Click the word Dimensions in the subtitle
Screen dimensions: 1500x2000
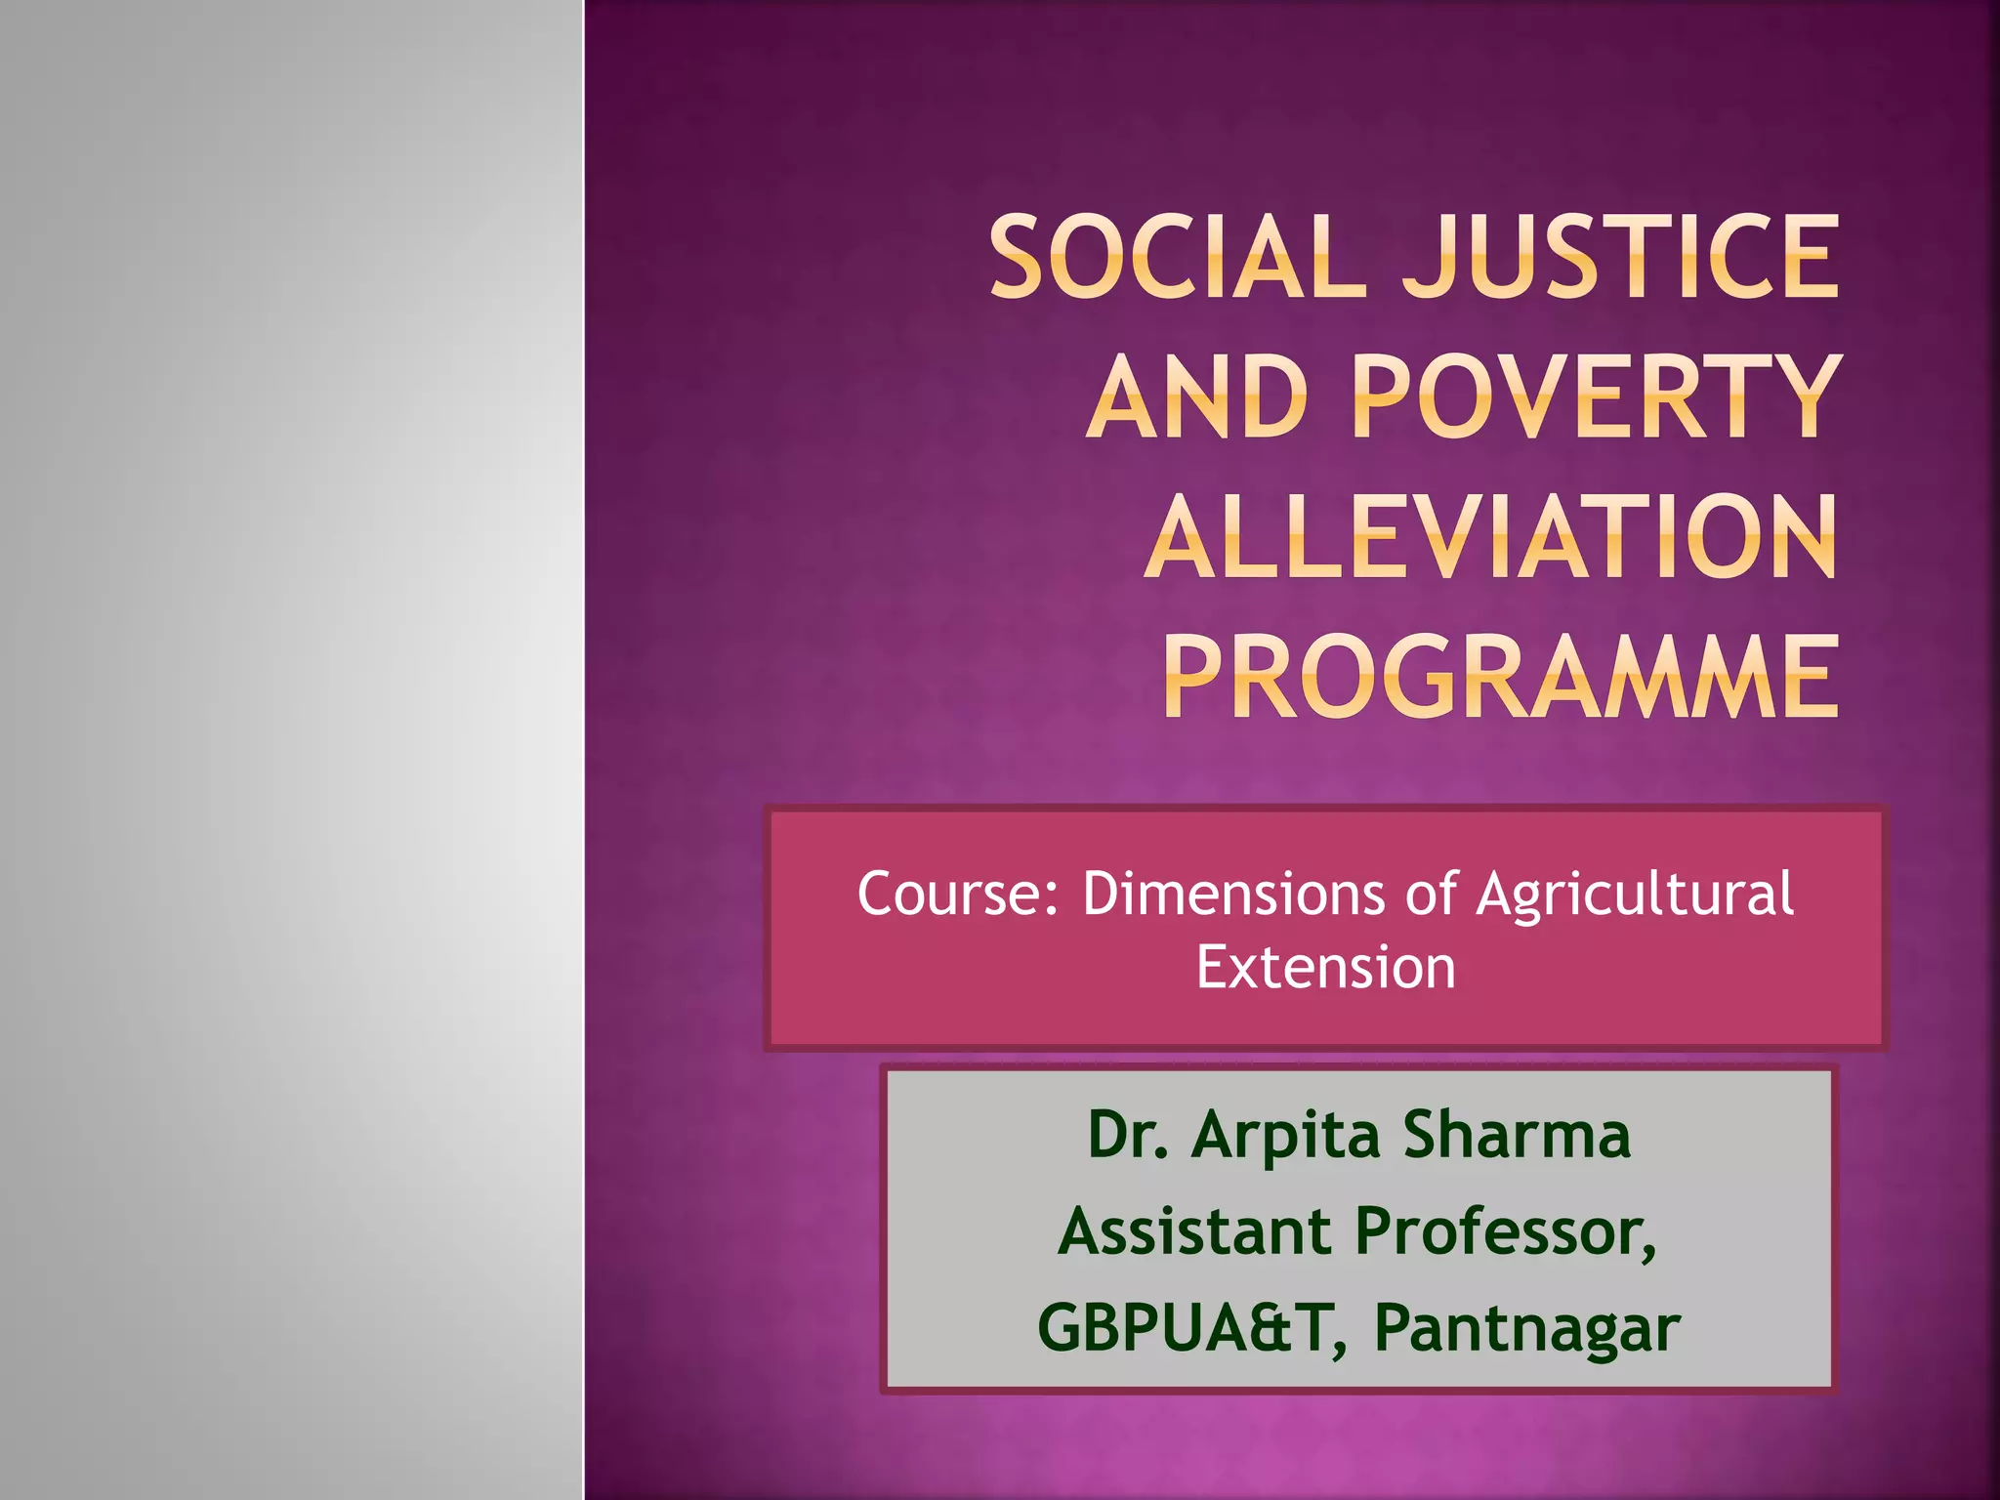coord(1233,894)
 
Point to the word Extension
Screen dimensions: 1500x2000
coord(1325,968)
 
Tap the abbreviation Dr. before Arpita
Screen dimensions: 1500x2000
coord(1128,1135)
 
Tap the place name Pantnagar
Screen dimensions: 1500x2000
coord(1526,1330)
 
